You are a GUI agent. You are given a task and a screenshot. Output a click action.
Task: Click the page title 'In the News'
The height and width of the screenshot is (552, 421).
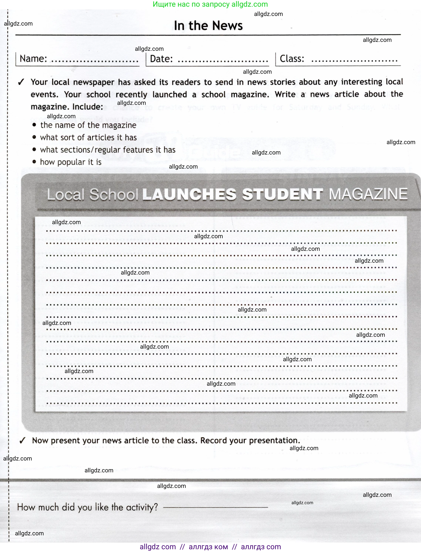(208, 26)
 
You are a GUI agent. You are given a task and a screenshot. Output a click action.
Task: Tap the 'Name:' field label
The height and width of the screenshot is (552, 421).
(33, 59)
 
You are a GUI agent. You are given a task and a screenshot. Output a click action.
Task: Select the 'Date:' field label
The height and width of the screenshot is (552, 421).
(161, 59)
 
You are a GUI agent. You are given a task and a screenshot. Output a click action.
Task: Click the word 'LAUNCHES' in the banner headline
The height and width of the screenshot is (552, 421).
(189, 194)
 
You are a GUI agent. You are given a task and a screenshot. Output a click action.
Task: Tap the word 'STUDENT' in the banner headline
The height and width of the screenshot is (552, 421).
(282, 194)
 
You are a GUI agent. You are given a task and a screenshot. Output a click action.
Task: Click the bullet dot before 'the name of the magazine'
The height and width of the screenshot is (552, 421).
(34, 125)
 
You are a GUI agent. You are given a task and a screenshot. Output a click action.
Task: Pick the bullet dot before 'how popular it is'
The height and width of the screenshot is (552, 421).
(34, 162)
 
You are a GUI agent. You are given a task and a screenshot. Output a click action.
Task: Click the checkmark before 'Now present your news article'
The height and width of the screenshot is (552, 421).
(22, 440)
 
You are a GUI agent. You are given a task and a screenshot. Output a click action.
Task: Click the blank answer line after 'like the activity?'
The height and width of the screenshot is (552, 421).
(216, 507)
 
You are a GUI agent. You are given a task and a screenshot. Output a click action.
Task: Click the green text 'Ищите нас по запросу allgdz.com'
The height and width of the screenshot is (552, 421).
(210, 4)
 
